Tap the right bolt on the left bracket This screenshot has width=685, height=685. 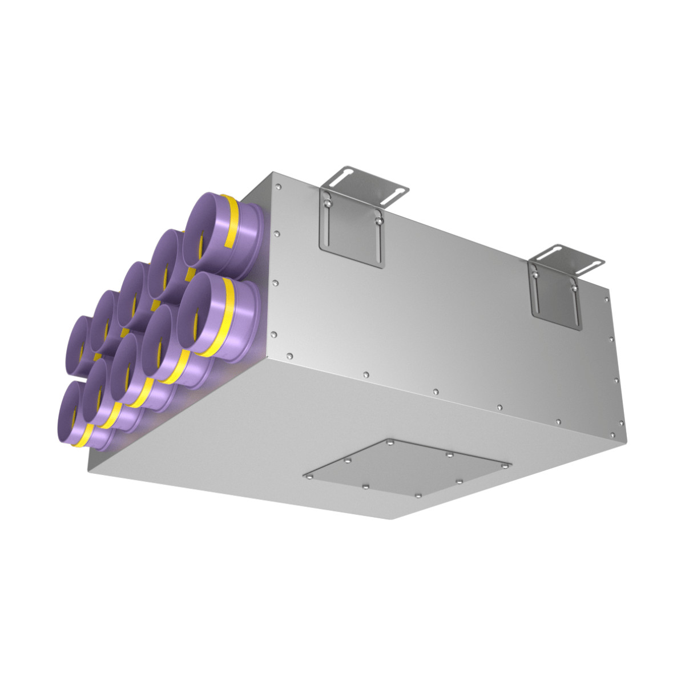377,215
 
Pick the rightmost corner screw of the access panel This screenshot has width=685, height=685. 505,466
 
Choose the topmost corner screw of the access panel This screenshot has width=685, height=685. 389,442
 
